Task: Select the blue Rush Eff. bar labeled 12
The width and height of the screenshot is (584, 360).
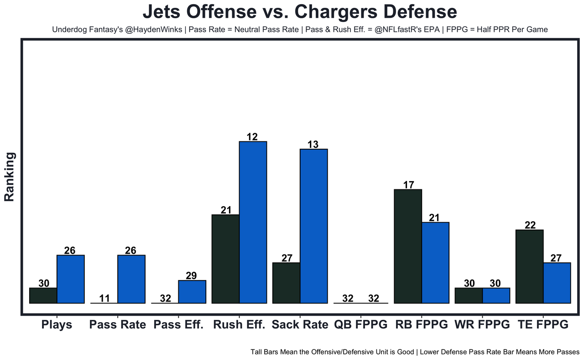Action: coord(253,222)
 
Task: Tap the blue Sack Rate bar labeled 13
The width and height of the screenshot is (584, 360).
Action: coord(313,226)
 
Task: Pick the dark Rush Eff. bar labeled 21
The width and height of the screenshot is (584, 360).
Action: coord(226,259)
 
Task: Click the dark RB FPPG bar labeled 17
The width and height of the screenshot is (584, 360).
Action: coord(407,246)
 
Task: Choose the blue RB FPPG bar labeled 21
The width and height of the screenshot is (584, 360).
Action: coord(435,262)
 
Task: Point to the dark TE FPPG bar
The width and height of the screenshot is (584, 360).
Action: coord(529,266)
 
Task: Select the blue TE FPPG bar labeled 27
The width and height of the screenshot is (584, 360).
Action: coord(557,282)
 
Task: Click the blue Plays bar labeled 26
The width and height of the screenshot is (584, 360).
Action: coord(70,279)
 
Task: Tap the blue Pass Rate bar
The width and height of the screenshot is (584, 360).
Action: coord(131,279)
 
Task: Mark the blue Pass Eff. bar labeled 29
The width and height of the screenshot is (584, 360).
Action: coord(192,292)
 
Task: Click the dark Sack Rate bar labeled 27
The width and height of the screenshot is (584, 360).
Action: coord(286,282)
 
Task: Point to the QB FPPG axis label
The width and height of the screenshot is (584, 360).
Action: coord(361,325)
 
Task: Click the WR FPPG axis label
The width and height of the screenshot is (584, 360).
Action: coord(482,325)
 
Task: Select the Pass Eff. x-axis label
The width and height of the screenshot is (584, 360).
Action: coord(178,325)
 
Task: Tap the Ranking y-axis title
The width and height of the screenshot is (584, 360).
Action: coord(10,177)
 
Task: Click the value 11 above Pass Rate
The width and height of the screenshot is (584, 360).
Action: coord(104,298)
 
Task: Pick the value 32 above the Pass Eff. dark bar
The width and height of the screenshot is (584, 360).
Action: coord(165,298)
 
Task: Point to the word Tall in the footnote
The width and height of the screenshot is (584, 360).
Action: coord(257,352)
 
